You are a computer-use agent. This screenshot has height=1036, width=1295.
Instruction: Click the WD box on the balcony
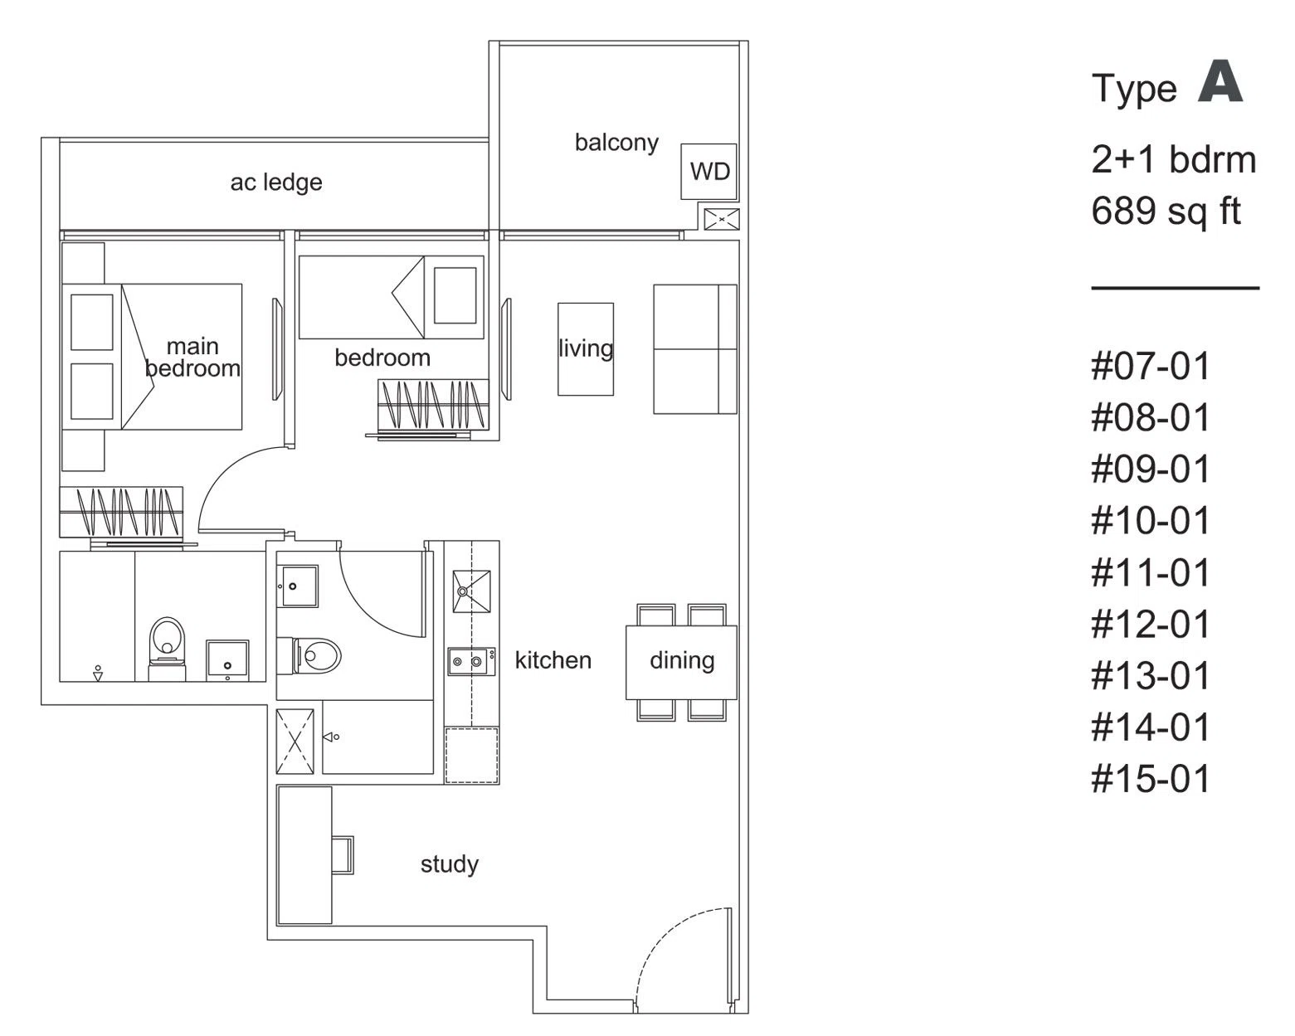point(708,172)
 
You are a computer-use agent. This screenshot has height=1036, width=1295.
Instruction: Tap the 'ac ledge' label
point(276,182)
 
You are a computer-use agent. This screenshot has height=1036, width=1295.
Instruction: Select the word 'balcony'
point(616,143)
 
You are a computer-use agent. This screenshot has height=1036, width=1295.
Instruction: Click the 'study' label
point(450,864)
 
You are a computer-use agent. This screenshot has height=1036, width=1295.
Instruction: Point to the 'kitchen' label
point(553,660)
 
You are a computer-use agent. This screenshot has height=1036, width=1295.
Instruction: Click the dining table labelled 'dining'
point(681,663)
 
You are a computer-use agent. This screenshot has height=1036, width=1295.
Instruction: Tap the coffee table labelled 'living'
point(586,349)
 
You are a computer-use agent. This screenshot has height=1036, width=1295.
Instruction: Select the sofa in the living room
point(695,349)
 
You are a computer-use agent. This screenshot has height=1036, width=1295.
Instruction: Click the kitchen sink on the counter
point(471,591)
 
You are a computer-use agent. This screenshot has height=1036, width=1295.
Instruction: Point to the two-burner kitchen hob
point(471,661)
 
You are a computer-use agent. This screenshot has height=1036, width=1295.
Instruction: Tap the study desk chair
point(343,854)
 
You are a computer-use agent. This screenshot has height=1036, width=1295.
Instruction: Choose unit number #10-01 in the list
point(1150,521)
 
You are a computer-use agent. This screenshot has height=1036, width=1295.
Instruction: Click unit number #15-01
point(1150,779)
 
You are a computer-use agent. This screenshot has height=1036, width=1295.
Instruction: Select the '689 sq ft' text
point(1166,212)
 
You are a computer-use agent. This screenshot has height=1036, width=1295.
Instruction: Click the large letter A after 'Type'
point(1220,81)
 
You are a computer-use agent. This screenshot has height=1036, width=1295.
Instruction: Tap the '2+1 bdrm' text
point(1173,160)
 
